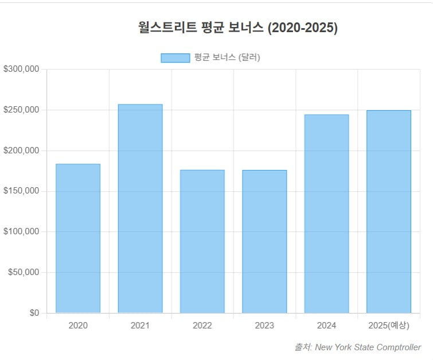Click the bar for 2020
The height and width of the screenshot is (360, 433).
point(78,238)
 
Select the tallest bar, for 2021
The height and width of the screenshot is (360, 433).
point(140,208)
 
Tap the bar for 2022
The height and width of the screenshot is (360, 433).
point(202,241)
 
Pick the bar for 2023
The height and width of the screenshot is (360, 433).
point(264,241)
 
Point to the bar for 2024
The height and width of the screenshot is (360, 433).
point(326,214)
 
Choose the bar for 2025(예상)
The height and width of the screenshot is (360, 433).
point(389,211)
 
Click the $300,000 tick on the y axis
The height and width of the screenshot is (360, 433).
point(21,69)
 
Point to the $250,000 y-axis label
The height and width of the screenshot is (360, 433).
point(21,110)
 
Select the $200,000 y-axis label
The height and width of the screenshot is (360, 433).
point(21,150)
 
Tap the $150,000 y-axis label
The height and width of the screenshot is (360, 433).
point(21,191)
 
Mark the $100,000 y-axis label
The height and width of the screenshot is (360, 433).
point(21,232)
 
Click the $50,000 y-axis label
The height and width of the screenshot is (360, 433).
point(24,272)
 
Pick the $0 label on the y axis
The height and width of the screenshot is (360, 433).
point(34,313)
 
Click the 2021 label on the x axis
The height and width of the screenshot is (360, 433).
point(140,326)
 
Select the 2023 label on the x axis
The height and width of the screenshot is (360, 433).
point(264,326)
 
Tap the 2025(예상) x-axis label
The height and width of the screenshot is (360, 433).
point(389,326)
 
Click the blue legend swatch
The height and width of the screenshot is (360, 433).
point(175,57)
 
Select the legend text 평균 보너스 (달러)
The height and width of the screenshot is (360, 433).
point(227,57)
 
